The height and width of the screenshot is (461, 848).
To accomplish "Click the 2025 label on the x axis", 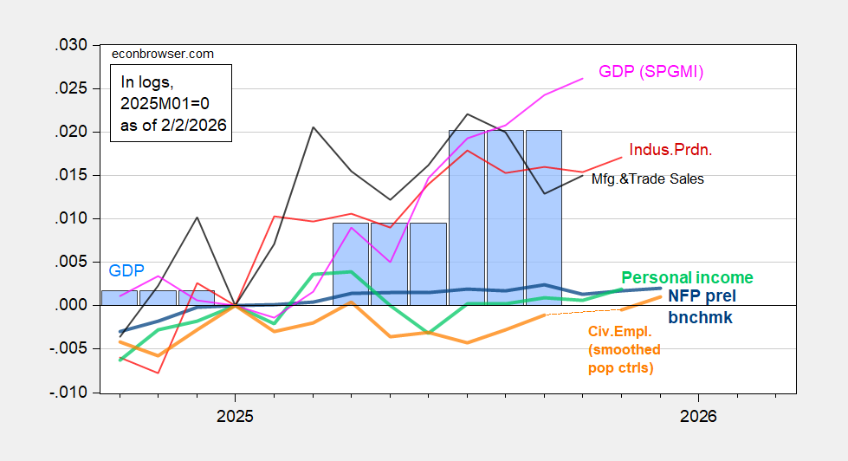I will [x=235, y=417].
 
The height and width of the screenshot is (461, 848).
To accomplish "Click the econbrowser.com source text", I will [x=163, y=54].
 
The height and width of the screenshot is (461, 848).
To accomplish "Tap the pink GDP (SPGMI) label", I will [x=651, y=72].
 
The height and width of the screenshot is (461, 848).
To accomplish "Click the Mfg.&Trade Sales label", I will [x=647, y=179].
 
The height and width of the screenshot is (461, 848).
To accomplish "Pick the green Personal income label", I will [x=687, y=278].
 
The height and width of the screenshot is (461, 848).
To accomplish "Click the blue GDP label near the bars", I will [x=126, y=269].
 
